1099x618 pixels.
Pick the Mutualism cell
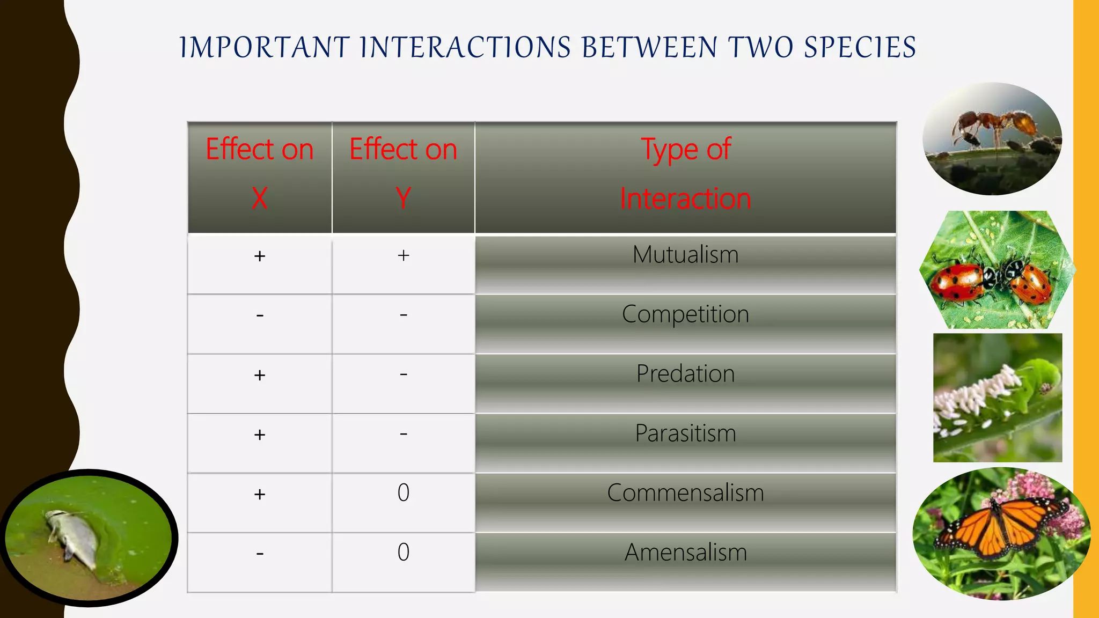(685, 255)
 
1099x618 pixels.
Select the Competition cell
(685, 315)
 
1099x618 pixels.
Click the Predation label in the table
(685, 374)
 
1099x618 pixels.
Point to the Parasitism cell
(685, 433)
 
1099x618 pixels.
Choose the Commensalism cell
(685, 493)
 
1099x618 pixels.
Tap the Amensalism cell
(685, 553)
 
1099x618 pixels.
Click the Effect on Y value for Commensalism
(404, 493)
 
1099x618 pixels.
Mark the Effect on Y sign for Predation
(404, 374)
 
